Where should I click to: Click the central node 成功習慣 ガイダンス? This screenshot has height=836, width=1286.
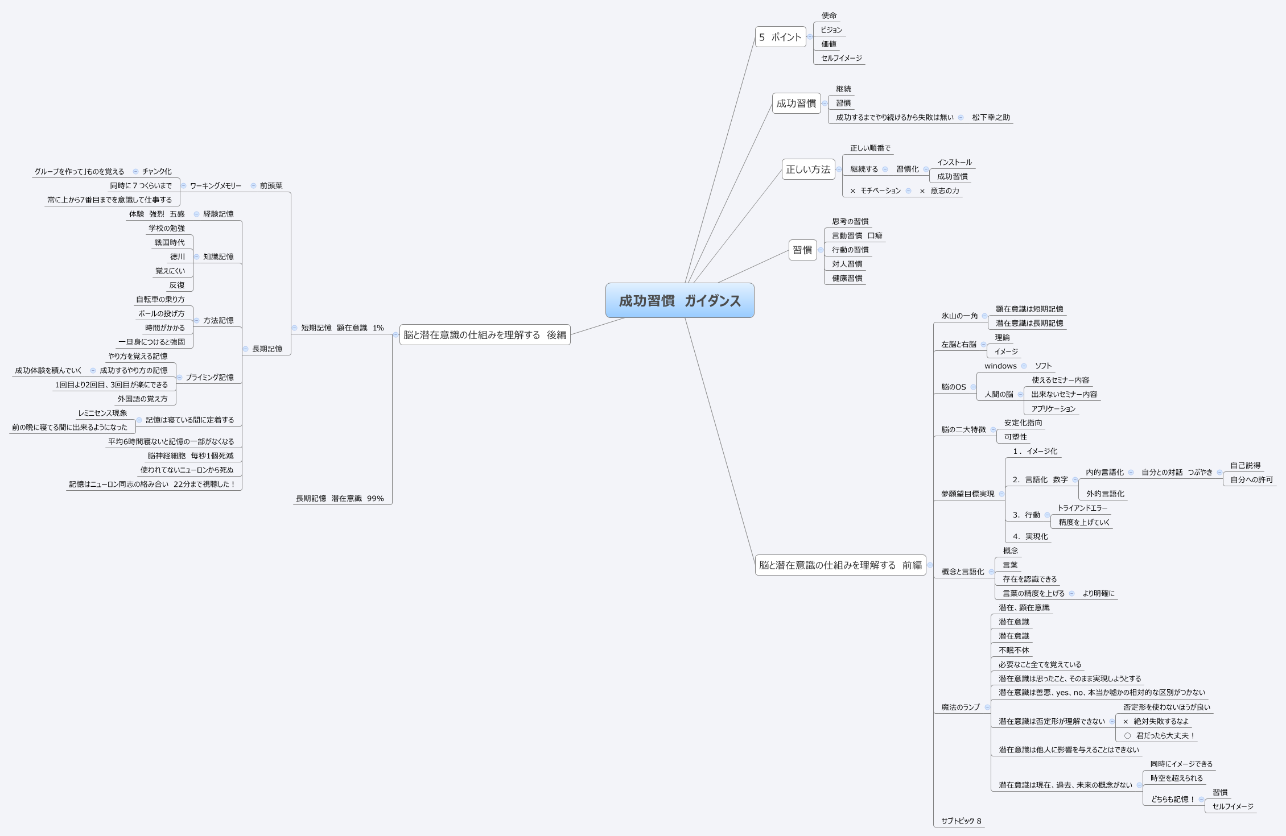679,300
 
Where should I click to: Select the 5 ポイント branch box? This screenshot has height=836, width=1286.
780,37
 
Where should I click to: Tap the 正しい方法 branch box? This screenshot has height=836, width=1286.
808,169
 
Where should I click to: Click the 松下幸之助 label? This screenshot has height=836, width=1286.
991,118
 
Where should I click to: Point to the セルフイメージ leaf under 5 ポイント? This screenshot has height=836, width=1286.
841,58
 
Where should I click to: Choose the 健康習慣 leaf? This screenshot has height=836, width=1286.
847,278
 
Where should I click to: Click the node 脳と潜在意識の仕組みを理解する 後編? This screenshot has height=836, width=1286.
485,335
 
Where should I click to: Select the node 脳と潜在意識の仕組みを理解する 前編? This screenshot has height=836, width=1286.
840,565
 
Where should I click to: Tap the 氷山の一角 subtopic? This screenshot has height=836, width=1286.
959,316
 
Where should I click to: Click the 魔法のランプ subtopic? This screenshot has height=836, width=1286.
960,707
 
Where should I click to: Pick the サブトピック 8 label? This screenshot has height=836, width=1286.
961,821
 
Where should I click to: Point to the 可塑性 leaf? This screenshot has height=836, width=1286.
1015,437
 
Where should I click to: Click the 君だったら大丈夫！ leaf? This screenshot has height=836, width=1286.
1165,736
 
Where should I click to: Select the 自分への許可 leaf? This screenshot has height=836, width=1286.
1251,480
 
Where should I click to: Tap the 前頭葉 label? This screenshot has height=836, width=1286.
271,186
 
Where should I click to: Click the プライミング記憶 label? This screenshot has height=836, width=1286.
209,378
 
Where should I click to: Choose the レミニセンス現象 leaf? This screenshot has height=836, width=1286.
102,413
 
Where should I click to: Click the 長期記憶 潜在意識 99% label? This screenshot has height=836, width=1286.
340,499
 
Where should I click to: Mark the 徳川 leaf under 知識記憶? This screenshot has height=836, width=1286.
178,257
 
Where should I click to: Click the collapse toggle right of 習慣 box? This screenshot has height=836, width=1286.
821,250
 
